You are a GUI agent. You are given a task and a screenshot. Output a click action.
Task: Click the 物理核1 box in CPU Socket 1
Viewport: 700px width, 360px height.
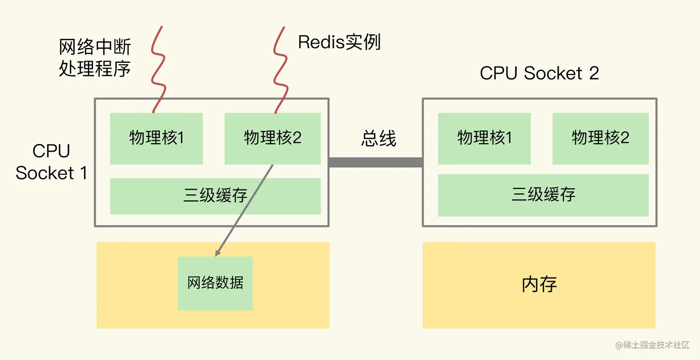pyautogui.click(x=156, y=138)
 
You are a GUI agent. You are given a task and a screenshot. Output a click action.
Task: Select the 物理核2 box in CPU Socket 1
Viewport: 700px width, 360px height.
pyautogui.click(x=272, y=138)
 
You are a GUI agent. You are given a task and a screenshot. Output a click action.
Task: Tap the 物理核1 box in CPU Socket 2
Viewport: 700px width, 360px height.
pyautogui.click(x=484, y=138)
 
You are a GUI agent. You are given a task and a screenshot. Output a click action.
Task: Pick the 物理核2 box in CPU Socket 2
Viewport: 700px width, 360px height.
pyautogui.click(x=600, y=138)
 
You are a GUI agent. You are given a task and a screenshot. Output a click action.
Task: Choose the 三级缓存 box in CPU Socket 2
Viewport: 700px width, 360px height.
pyautogui.click(x=543, y=195)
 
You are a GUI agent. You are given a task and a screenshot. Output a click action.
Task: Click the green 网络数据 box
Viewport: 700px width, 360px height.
pyautogui.click(x=215, y=283)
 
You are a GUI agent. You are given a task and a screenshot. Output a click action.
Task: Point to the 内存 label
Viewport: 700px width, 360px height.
pyautogui.click(x=539, y=285)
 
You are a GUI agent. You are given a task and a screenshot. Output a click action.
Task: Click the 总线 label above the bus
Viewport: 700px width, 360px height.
pyautogui.click(x=378, y=138)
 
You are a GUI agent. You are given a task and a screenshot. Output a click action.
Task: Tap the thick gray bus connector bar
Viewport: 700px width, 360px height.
pyautogui.click(x=375, y=162)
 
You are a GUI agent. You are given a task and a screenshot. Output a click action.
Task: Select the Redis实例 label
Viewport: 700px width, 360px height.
pyautogui.click(x=339, y=42)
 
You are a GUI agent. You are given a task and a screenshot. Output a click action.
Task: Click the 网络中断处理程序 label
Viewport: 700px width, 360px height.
pyautogui.click(x=95, y=58)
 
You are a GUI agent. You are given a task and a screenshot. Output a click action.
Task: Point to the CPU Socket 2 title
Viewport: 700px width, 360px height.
pyautogui.click(x=539, y=73)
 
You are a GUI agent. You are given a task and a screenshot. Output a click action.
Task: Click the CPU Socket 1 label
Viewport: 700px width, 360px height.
pyautogui.click(x=51, y=162)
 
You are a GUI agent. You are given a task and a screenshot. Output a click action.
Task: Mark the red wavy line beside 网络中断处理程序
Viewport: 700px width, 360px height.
pyautogui.click(x=157, y=69)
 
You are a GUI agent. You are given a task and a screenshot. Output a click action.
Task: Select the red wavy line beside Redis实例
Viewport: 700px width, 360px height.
pyautogui.click(x=280, y=69)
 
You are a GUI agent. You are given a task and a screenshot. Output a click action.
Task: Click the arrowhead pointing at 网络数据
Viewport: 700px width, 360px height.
pyautogui.click(x=218, y=253)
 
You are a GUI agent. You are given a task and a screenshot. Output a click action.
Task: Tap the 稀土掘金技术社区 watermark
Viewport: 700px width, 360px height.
pyautogui.click(x=653, y=345)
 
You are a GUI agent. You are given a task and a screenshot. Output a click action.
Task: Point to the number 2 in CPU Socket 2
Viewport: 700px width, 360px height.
pyautogui.click(x=594, y=73)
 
